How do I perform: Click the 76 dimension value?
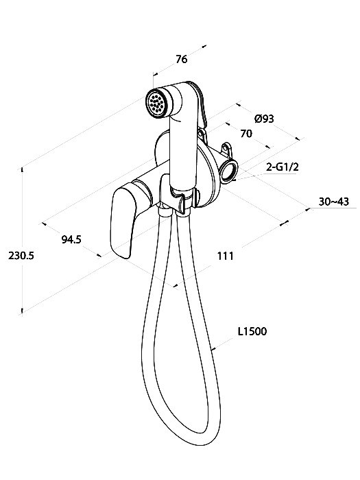181,59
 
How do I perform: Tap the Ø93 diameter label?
264,119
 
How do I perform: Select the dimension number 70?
246,134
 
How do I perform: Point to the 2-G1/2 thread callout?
283,167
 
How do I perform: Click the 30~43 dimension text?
334,202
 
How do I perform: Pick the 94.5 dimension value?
71,239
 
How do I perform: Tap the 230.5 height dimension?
21,255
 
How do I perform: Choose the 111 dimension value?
226,256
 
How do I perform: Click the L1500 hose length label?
252,331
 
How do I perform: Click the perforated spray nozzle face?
156,103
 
